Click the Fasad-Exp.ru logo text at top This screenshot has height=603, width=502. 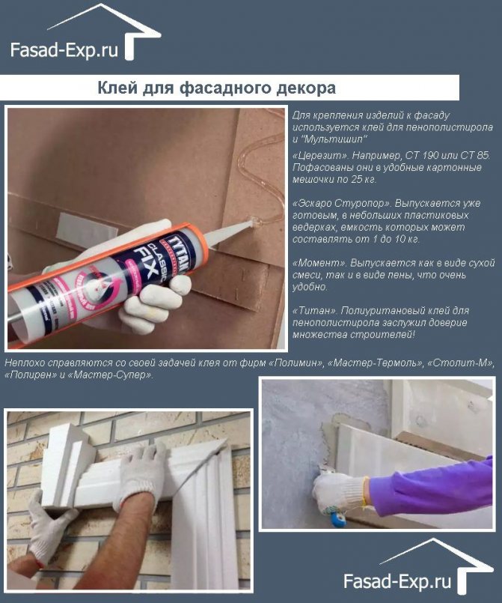point(64,50)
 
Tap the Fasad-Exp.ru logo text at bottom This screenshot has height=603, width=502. point(397,581)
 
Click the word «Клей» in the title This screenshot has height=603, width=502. point(117,88)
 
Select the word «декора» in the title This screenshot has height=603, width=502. point(306,88)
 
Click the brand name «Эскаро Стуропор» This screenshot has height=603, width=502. point(341,204)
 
